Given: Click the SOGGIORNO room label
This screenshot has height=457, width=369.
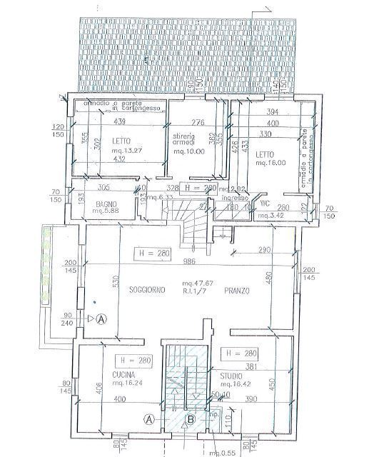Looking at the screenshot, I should click(148, 291).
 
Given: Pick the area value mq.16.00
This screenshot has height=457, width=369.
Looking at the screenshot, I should click(271, 162).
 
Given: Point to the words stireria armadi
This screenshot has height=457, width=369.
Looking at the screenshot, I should click(186, 140).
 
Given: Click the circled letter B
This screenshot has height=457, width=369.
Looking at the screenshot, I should click(191, 420).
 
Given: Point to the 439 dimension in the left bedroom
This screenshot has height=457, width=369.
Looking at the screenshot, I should click(119, 121).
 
